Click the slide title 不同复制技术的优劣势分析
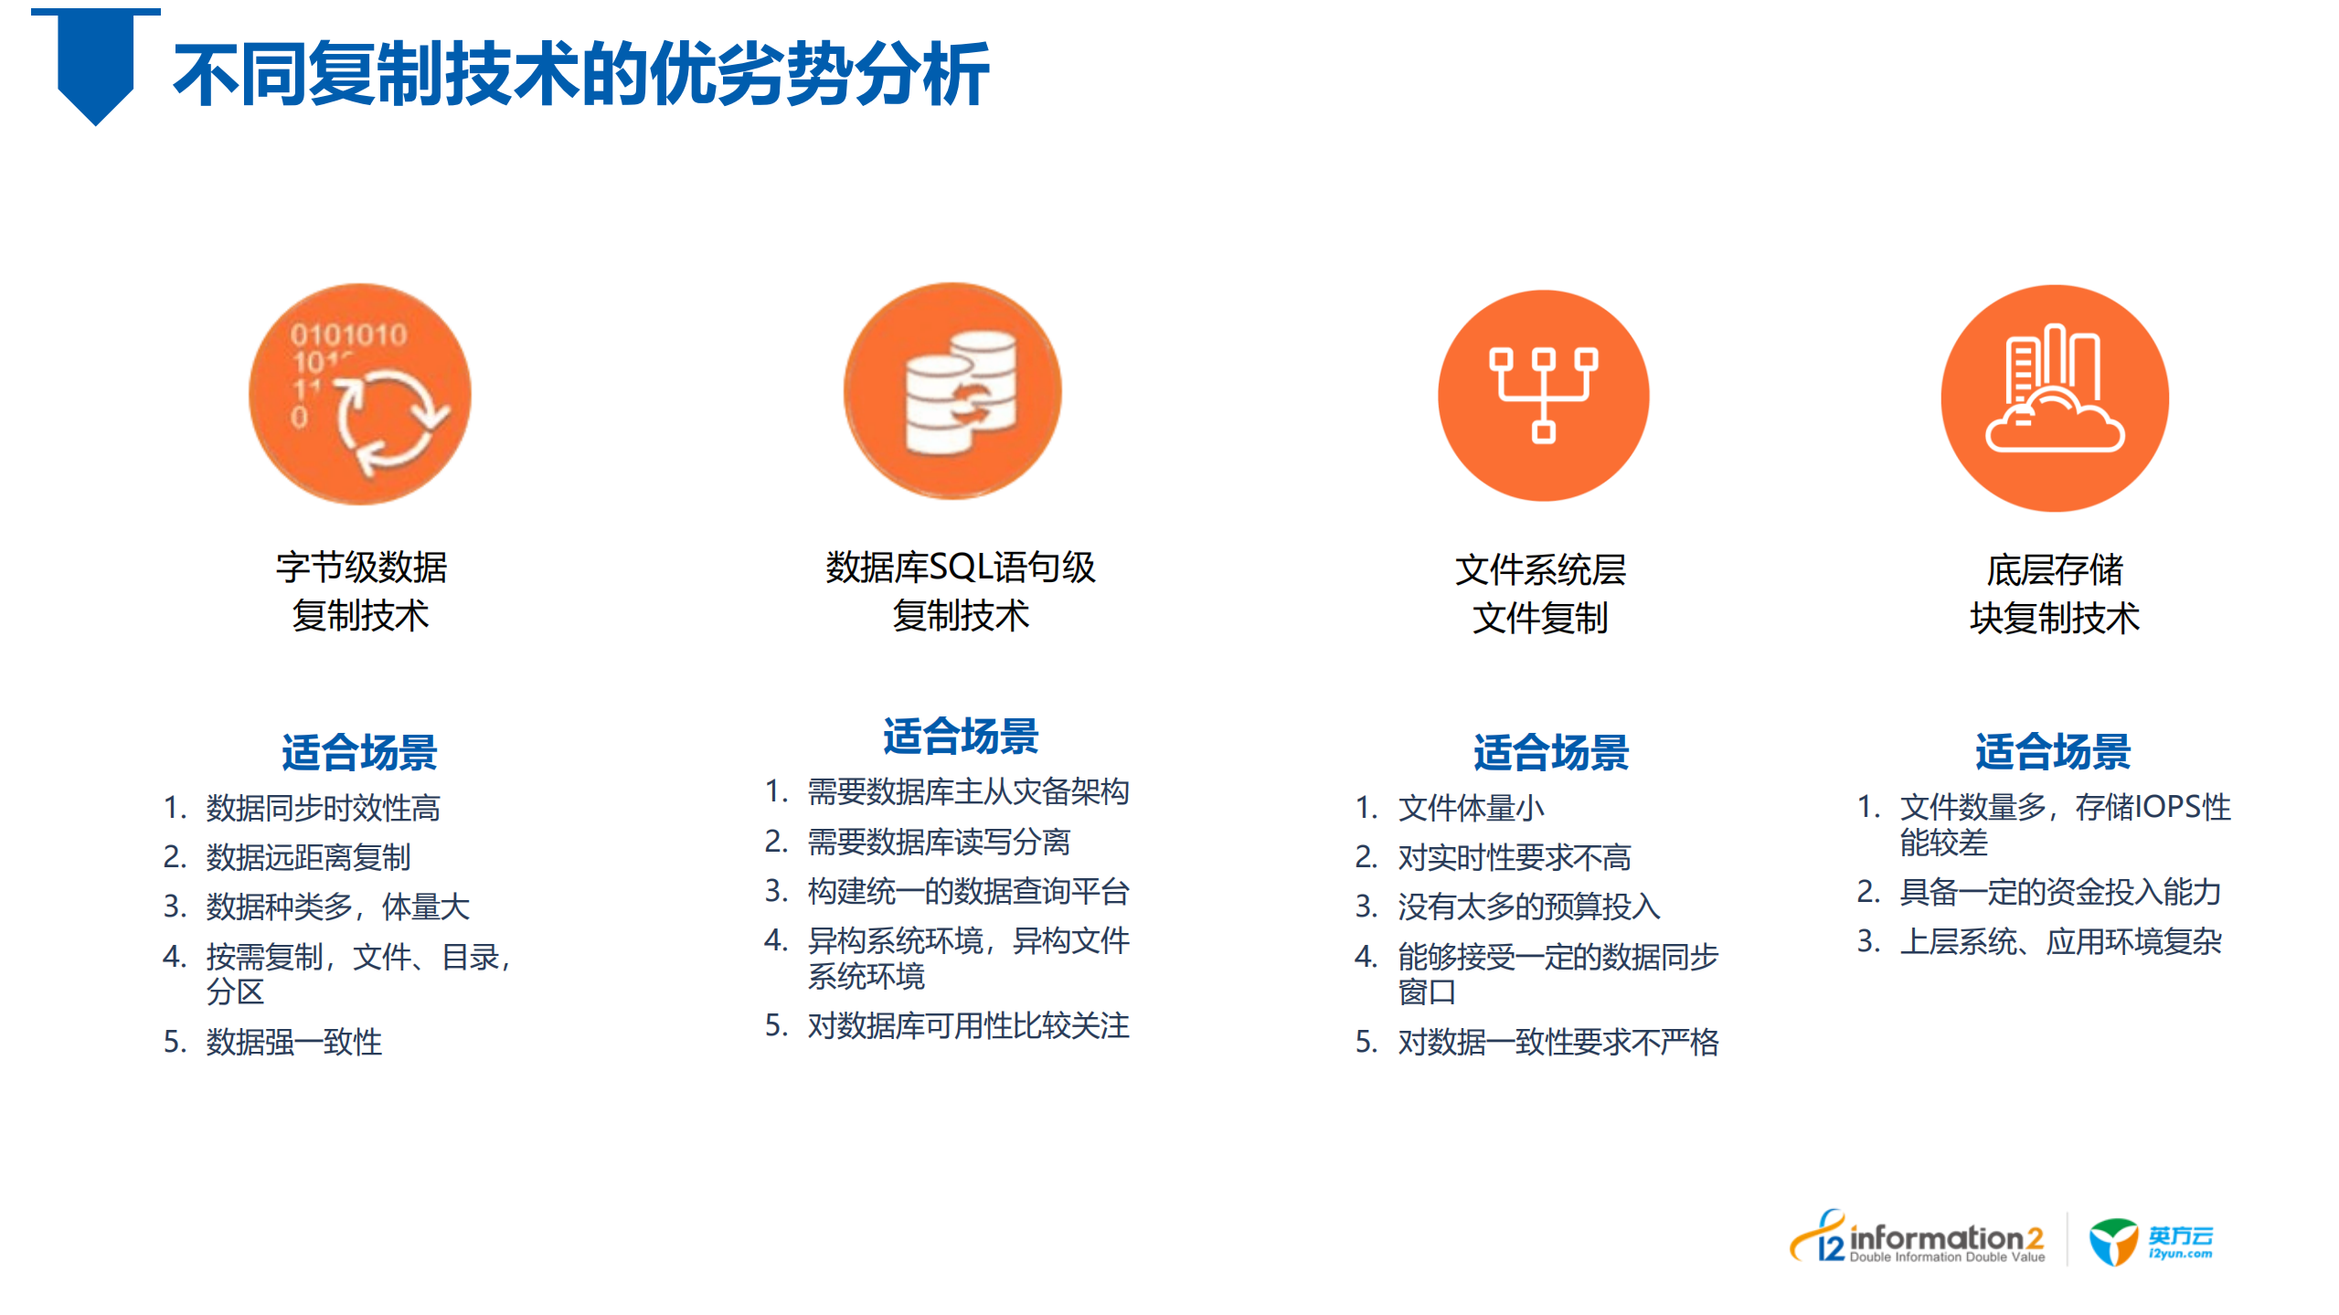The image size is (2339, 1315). (x=580, y=73)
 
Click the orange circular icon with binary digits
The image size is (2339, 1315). (x=360, y=394)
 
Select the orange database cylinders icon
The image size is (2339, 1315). (x=952, y=391)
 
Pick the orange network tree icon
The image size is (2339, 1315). (x=1543, y=395)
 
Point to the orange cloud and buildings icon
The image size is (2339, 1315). (x=2054, y=398)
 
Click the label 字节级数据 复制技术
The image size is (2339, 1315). (x=361, y=591)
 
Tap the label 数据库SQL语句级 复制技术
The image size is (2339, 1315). (x=960, y=591)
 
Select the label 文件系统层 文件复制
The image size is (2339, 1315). (x=1540, y=594)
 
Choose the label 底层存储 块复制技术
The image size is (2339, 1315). (x=2054, y=594)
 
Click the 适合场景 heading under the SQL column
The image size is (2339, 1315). (x=960, y=737)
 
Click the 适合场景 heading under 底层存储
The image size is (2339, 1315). (x=2052, y=752)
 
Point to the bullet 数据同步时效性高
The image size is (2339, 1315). (x=323, y=808)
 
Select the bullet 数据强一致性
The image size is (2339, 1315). (x=293, y=1042)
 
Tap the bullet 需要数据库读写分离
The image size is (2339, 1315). (x=939, y=842)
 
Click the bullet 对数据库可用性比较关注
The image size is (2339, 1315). (x=968, y=1026)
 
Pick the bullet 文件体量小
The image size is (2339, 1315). (x=1471, y=808)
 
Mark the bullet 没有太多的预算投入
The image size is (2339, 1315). (x=1528, y=907)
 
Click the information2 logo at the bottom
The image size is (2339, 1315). (x=1918, y=1240)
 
